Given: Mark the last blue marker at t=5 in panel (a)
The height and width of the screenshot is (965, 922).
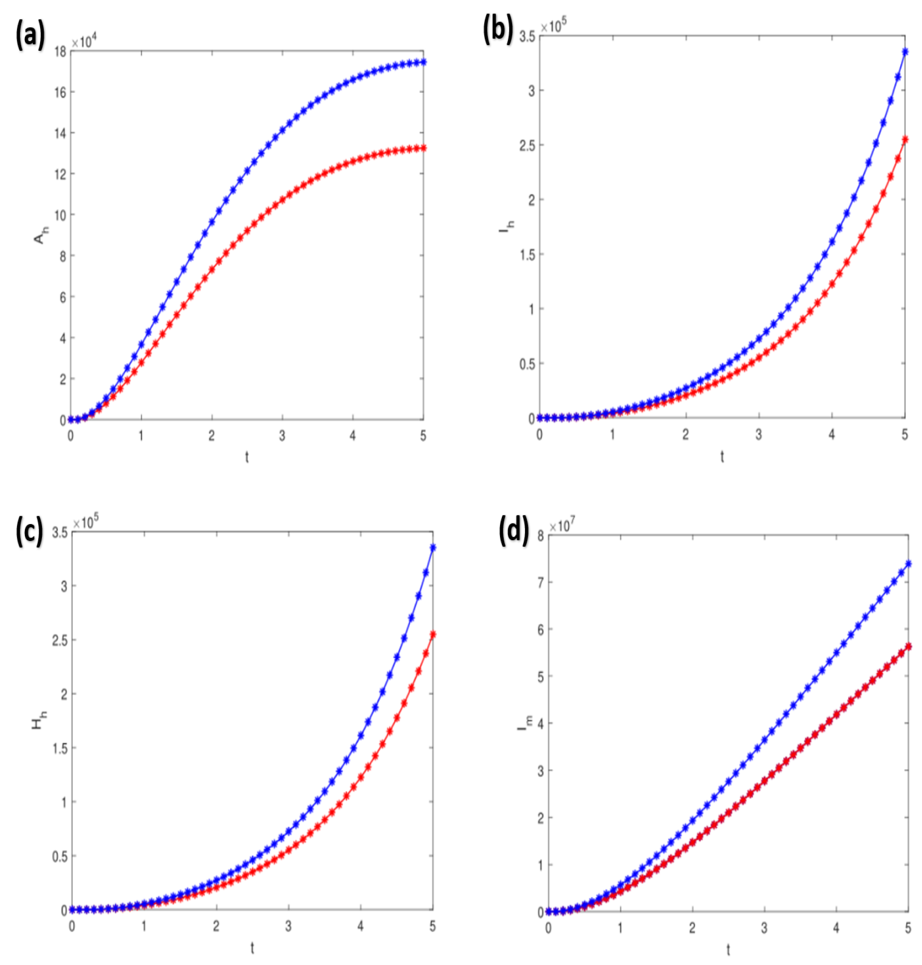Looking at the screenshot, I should (423, 62).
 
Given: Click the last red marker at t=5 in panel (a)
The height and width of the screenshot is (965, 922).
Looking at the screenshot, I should (423, 148).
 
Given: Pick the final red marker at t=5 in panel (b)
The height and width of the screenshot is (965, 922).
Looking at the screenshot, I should (905, 139).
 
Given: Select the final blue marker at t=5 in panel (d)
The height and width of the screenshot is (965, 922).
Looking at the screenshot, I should (908, 564).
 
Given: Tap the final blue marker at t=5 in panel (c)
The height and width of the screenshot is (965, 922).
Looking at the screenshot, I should (433, 548).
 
